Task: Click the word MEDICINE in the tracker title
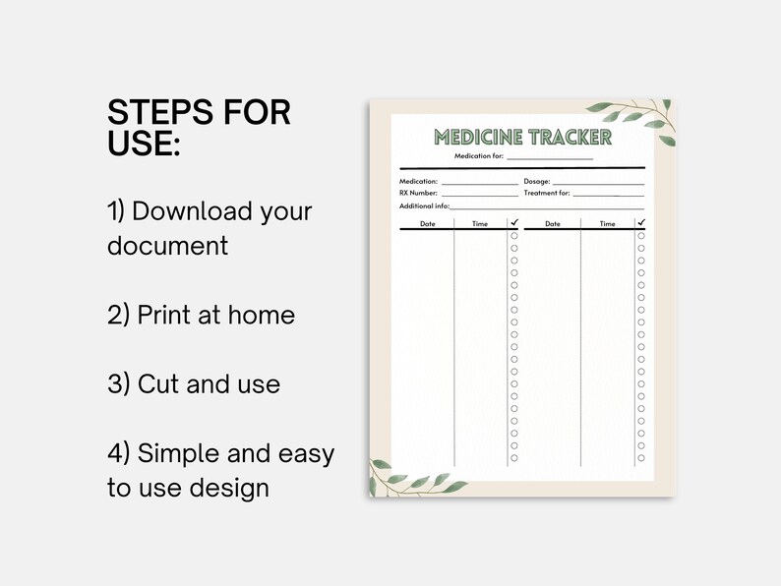coord(479,138)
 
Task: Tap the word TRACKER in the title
coord(569,138)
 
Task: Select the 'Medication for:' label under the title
coord(478,156)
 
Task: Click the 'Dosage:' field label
coord(537,182)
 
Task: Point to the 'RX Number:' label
coord(418,194)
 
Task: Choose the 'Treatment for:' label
coord(547,194)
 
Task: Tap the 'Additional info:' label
coord(424,206)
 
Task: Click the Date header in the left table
coord(427,224)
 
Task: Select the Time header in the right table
coord(607,224)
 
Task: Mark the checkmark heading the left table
coord(513,223)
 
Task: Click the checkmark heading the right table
coord(641,223)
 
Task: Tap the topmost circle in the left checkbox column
coord(513,236)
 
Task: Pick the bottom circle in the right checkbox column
coord(641,458)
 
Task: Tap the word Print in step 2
coord(164,315)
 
